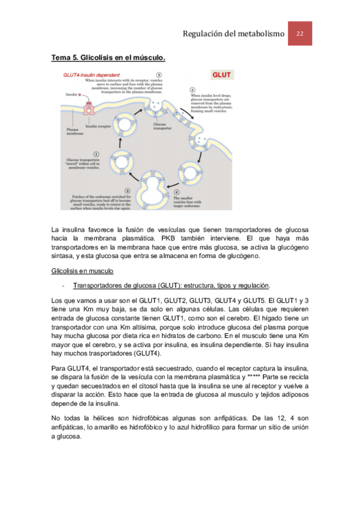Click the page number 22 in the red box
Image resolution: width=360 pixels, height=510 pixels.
tap(299, 34)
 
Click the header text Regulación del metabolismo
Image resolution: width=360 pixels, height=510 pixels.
tap(233, 34)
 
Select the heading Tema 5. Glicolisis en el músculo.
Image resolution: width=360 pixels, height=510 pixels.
tap(108, 58)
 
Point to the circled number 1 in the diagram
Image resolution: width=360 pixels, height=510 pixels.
tap(96, 153)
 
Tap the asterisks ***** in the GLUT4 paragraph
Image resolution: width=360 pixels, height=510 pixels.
tap(257, 376)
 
